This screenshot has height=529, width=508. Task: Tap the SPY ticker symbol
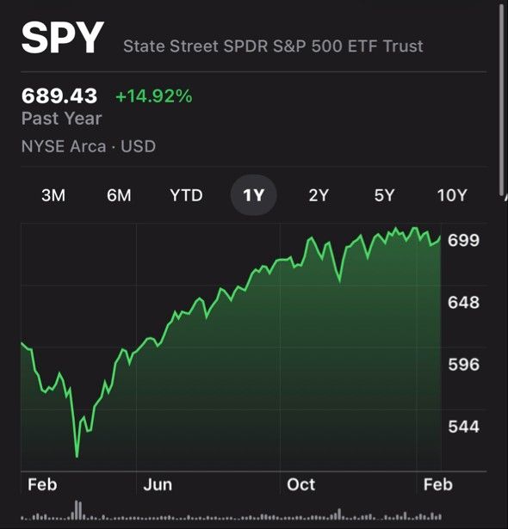tap(63, 38)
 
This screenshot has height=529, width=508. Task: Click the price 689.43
tap(59, 95)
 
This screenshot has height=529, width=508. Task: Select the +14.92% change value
tap(154, 95)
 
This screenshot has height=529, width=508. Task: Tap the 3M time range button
tap(53, 195)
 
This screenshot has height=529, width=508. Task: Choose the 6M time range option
tap(119, 195)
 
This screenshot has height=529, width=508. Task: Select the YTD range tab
tap(186, 195)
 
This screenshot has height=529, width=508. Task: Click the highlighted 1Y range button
tap(254, 195)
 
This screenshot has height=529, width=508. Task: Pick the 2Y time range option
tap(319, 195)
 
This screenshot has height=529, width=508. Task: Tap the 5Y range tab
tap(384, 195)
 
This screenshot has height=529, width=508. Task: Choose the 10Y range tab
tap(452, 195)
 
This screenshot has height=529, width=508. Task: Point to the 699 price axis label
tap(463, 241)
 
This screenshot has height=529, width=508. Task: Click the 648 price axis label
tap(463, 302)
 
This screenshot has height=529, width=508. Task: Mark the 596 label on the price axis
tap(463, 365)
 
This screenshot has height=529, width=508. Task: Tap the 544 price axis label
tap(463, 427)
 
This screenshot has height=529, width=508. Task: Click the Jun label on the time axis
tap(158, 485)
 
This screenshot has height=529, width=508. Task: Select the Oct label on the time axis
tap(301, 485)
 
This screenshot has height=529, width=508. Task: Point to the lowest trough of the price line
tap(77, 457)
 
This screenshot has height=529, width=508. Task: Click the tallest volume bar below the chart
tap(77, 510)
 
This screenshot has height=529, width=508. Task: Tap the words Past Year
tap(61, 119)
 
